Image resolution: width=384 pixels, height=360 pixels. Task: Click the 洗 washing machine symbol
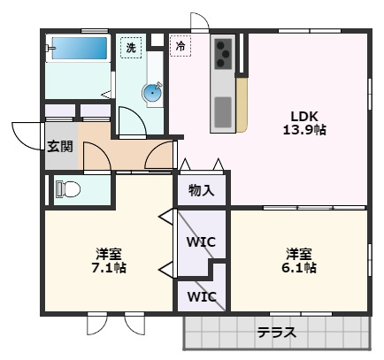pyautogui.click(x=130, y=48)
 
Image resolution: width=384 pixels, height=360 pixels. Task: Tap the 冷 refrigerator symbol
pyautogui.click(x=180, y=46)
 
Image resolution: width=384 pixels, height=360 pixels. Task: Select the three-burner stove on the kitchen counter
pyautogui.click(x=223, y=54)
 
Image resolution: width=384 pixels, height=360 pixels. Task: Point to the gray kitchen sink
pyautogui.click(x=223, y=111)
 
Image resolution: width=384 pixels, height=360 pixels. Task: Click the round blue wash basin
pyautogui.click(x=154, y=90)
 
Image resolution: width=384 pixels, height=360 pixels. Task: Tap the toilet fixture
pyautogui.click(x=67, y=188)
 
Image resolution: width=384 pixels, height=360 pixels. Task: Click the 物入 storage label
pyautogui.click(x=201, y=189)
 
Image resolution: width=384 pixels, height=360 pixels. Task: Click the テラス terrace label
pyautogui.click(x=275, y=333)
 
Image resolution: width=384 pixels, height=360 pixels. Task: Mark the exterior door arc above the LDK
pyautogui.click(x=200, y=23)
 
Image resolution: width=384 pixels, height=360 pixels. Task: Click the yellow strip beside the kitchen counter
pyautogui.click(x=241, y=104)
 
